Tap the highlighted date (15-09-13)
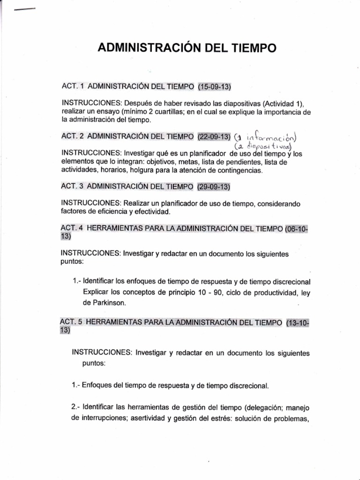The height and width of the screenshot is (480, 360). [x=215, y=87]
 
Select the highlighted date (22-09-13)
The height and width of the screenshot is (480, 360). [x=214, y=136]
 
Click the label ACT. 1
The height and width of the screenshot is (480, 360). [x=72, y=87]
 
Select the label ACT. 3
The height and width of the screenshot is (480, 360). [x=72, y=187]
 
